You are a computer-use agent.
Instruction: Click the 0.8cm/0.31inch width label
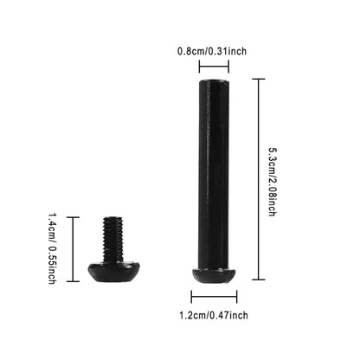[x=211, y=51]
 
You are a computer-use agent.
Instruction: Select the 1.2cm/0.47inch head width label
[x=212, y=317]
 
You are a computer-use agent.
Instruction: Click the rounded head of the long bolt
[x=212, y=274]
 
